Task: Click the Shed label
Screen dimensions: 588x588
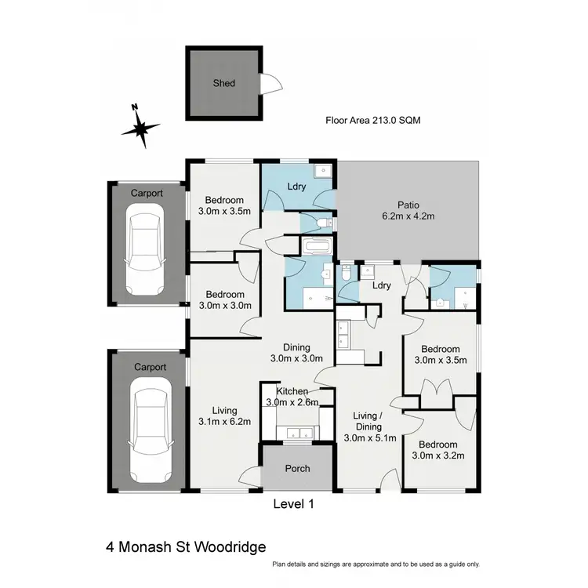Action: (x=224, y=83)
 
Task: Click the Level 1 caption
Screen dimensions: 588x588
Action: (x=292, y=505)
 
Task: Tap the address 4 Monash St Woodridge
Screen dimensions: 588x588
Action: (x=187, y=546)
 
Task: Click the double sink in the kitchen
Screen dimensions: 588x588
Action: (x=297, y=432)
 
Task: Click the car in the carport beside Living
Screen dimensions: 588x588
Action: (x=148, y=428)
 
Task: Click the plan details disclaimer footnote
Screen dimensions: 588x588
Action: (x=376, y=564)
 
